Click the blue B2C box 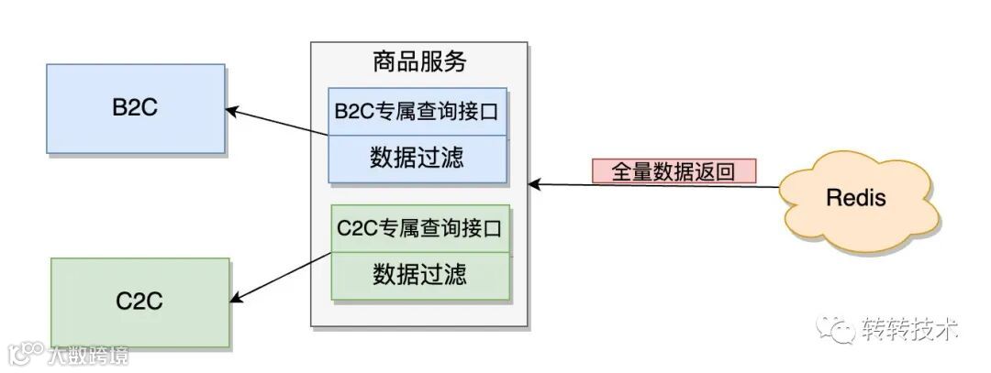[x=136, y=108]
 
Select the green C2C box [x=139, y=301]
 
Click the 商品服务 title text [x=419, y=62]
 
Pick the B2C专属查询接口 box [x=419, y=112]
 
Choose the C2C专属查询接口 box [x=419, y=228]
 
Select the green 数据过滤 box [x=419, y=274]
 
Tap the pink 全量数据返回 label [x=674, y=171]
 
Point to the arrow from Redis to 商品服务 [x=656, y=186]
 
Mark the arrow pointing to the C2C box [x=281, y=277]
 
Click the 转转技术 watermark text [x=909, y=329]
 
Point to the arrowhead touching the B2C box [x=232, y=111]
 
